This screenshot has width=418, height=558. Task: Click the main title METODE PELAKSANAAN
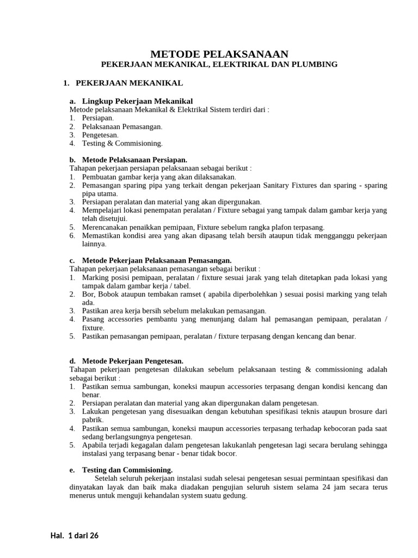219,53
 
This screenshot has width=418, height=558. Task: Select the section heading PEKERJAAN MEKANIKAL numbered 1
129,83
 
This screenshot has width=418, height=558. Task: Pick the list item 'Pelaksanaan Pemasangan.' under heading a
122,126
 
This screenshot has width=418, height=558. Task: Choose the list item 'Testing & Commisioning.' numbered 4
122,143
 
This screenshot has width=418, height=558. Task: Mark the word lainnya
93,244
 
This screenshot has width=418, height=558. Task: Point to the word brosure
355,411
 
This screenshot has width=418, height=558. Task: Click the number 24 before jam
343,487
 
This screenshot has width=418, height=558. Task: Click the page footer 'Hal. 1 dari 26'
75,536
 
